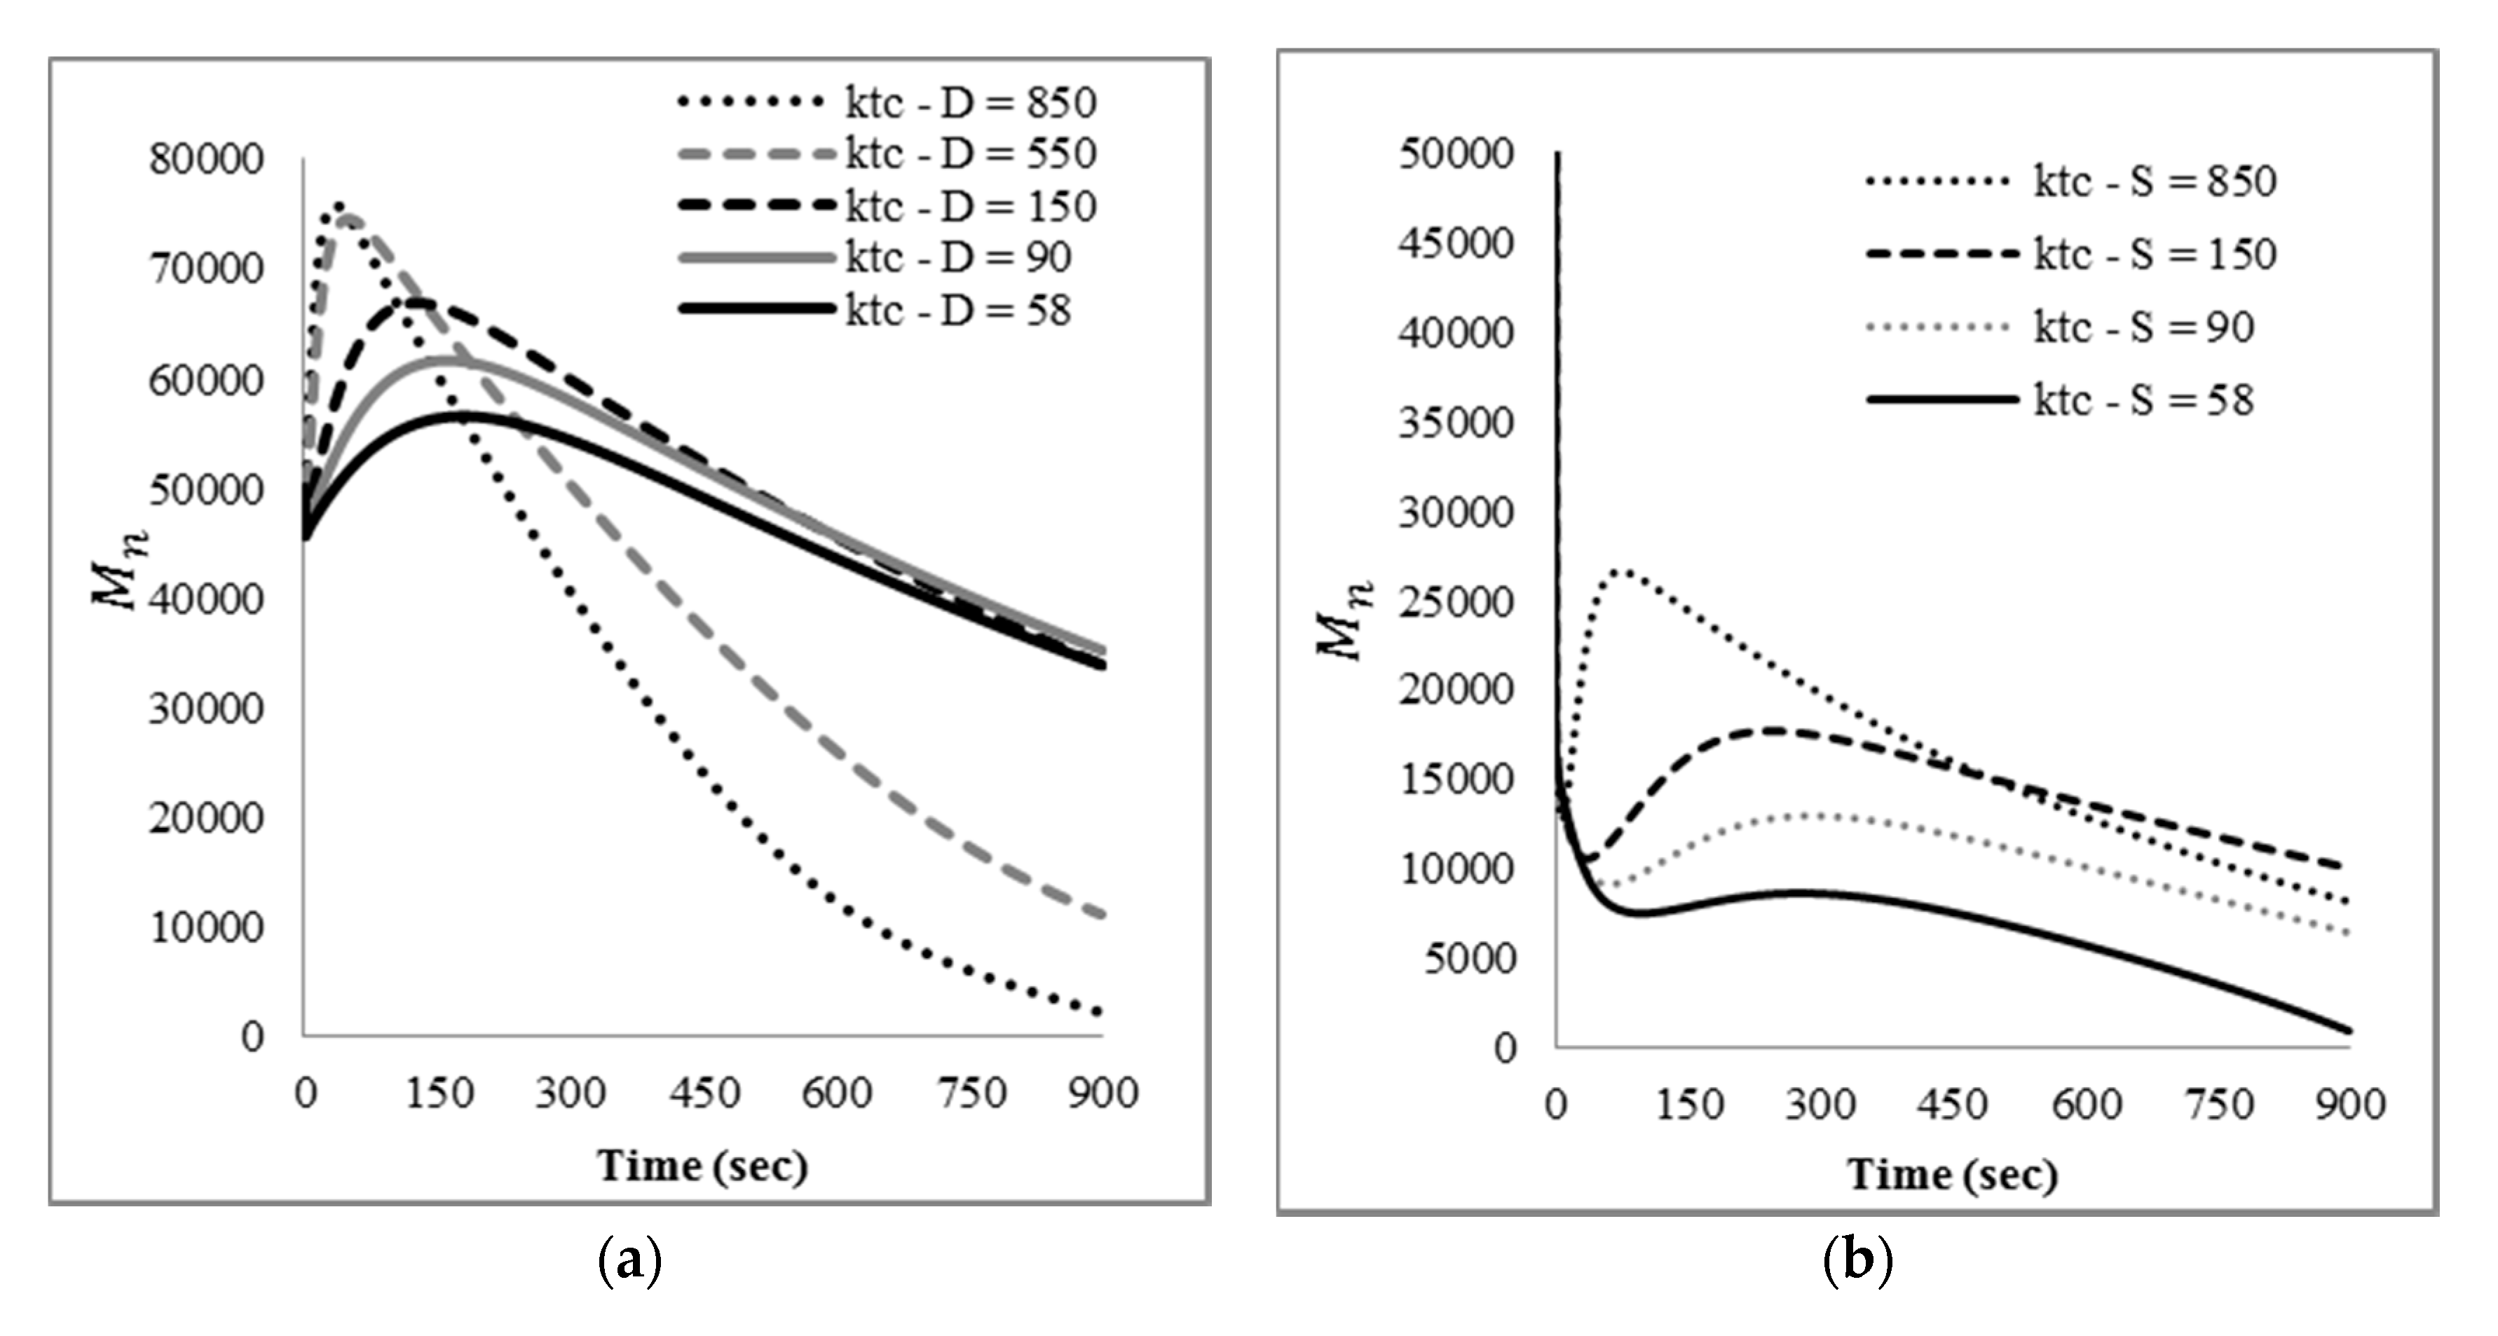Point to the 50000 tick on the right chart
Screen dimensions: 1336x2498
(x=1454, y=154)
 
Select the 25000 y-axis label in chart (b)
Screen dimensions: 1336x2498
(x=1454, y=602)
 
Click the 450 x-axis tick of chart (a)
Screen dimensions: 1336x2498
(x=704, y=1093)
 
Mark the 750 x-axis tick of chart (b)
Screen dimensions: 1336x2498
(x=2219, y=1104)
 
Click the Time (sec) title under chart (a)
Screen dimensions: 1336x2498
(x=702, y=1166)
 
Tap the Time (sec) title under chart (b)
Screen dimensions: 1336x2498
(x=1951, y=1174)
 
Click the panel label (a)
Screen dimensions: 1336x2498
(x=630, y=1260)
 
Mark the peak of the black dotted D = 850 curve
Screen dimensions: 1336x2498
(x=337, y=205)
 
